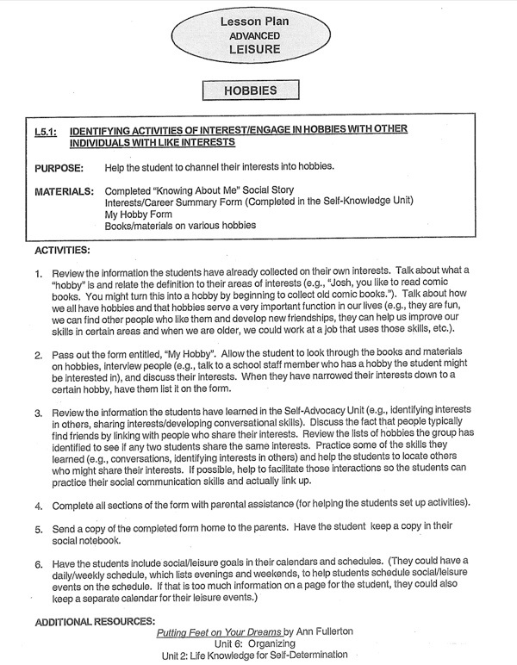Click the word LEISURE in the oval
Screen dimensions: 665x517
[249, 50]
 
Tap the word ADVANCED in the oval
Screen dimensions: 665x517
[249, 36]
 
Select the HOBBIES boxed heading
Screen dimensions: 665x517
[249, 90]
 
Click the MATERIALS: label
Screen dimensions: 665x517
[64, 190]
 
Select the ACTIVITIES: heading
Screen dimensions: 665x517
[61, 250]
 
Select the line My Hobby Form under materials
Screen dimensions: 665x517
[138, 214]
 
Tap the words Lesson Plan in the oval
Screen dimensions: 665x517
[249, 22]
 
